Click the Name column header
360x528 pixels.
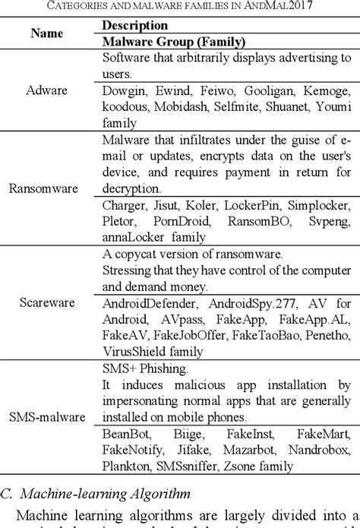pos(47,33)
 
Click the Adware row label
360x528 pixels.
pos(47,90)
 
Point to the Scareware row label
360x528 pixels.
pos(47,302)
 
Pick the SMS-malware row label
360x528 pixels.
pos(47,417)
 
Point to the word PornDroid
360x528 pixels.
pos(173,220)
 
